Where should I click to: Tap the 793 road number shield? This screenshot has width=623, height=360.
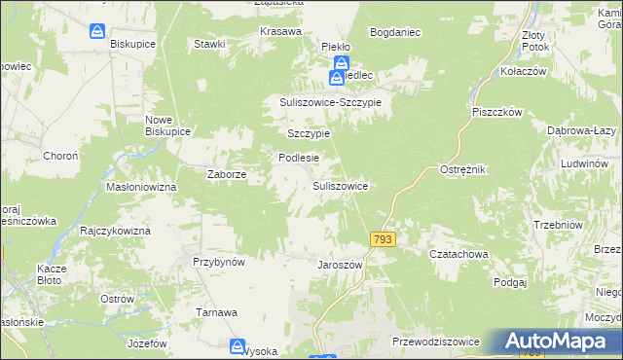[383, 239]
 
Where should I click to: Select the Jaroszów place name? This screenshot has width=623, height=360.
[340, 265]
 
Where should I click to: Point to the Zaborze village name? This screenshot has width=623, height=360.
[227, 175]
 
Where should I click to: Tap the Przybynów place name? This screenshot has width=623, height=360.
[218, 261]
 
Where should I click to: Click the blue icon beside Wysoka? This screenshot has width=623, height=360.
[238, 346]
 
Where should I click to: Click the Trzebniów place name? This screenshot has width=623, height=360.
[557, 225]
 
